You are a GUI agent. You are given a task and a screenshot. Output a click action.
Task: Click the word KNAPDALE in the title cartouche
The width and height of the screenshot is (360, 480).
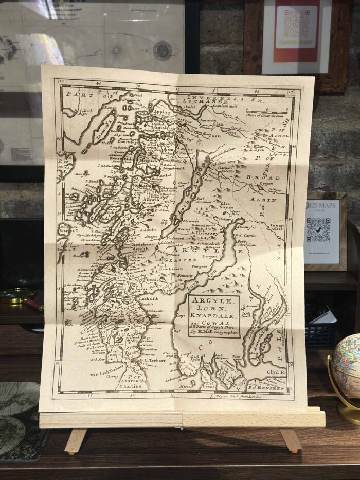(213, 315)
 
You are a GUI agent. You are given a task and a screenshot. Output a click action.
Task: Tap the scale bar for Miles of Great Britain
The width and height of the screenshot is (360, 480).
(264, 111)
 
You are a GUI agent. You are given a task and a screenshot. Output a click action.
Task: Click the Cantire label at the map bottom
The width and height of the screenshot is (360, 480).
(131, 386)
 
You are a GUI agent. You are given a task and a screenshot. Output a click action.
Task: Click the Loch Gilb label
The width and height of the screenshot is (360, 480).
(149, 298)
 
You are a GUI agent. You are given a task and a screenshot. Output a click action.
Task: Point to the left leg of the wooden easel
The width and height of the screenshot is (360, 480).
(75, 440)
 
